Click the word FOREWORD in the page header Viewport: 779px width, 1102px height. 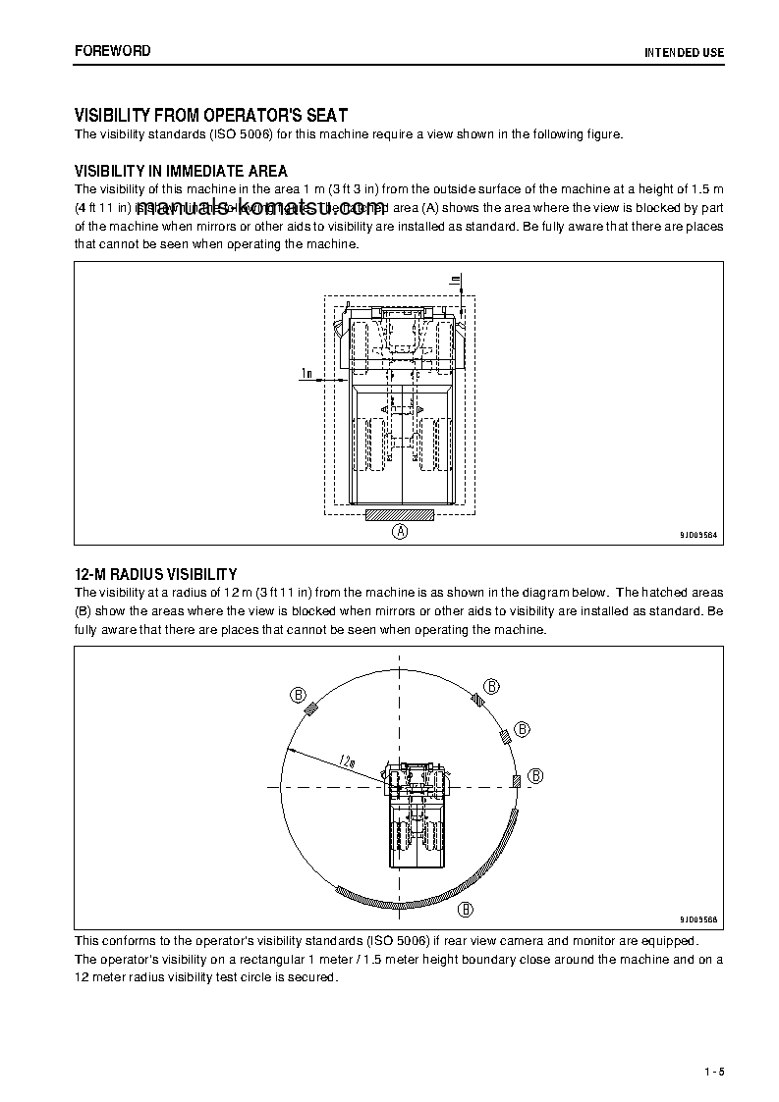113,50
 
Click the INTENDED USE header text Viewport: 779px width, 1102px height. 683,51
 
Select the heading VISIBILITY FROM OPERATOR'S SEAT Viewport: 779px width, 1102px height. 211,115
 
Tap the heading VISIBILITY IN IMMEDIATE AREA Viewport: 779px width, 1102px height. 181,172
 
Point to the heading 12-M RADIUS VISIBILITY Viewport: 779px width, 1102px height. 156,574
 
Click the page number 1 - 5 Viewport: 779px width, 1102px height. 713,1071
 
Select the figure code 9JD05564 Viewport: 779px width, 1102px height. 697,535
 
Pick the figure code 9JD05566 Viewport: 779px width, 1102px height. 697,918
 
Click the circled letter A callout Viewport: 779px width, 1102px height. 400,532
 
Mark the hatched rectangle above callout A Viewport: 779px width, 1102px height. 400,515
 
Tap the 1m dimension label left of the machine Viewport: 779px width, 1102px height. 306,373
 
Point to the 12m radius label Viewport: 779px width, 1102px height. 346,760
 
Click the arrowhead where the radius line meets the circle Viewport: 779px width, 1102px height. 286,749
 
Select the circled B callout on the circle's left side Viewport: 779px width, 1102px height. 298,695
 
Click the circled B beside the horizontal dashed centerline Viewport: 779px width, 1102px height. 536,775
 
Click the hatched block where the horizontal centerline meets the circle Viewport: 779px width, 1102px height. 516,780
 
